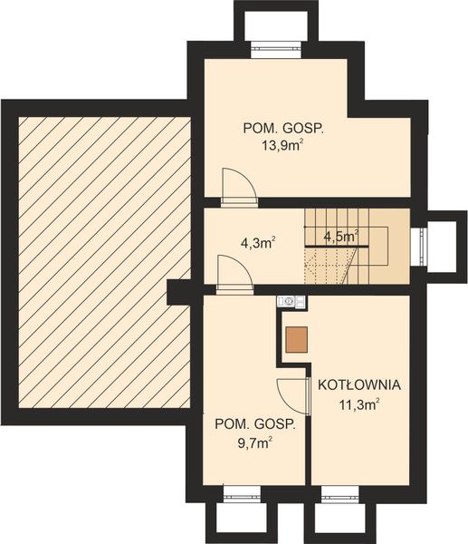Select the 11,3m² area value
click(x=358, y=404)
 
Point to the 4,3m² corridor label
click(x=257, y=243)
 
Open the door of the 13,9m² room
click(x=240, y=184)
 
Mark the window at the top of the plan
click(x=275, y=49)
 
